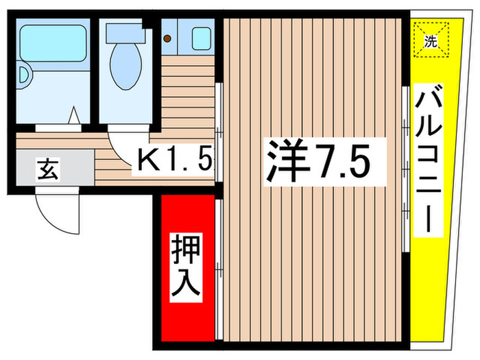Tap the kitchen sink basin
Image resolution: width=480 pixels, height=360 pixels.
click(x=201, y=38)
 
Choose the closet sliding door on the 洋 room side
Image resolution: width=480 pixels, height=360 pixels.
click(x=219, y=267)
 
